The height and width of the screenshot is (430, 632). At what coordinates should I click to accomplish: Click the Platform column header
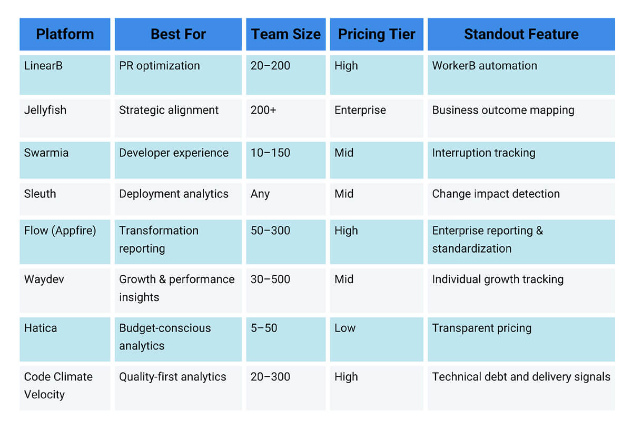65,34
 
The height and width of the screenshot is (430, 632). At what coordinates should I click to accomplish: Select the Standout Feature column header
521,34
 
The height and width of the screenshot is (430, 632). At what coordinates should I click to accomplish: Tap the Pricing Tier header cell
377,34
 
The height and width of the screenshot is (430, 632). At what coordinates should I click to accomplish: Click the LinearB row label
43,66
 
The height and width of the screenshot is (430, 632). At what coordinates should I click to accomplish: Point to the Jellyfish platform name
45,110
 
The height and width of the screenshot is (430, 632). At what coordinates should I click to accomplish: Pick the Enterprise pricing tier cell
360,110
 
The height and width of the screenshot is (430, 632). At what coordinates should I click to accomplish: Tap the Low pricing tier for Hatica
345,328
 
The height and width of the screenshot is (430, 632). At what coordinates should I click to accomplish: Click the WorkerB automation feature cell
485,66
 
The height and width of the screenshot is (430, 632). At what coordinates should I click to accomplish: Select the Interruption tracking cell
483,153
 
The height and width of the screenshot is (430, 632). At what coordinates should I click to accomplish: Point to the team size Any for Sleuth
260,194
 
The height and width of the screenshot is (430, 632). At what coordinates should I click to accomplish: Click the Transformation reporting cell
159,239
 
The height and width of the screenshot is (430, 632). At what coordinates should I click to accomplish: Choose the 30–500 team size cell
270,279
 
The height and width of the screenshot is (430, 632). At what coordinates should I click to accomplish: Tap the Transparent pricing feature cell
481,328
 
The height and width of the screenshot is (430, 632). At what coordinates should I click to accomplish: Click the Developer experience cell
174,153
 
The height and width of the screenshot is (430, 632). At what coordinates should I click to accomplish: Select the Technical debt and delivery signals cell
521,377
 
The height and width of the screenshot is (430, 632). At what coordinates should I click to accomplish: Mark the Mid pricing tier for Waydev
344,279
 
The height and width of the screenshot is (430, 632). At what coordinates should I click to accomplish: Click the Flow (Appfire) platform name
60,231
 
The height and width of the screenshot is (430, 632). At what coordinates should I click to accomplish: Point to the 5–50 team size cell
264,328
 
